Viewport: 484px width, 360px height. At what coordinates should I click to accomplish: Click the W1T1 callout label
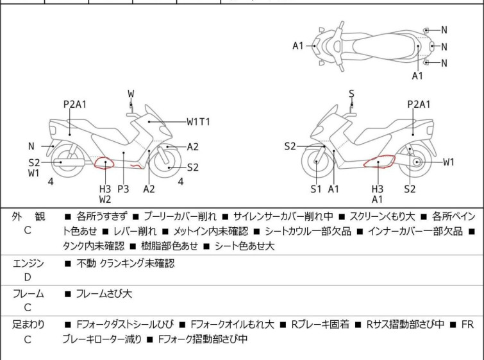pyautogui.click(x=199, y=122)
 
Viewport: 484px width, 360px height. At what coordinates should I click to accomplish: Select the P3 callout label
pyautogui.click(x=123, y=189)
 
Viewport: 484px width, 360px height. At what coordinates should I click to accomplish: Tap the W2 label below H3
pyautogui.click(x=105, y=200)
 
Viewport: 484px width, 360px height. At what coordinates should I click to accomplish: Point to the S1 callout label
pyautogui.click(x=316, y=189)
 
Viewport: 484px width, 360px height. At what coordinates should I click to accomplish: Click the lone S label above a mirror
pyautogui.click(x=351, y=94)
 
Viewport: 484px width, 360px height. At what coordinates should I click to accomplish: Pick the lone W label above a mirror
pyautogui.click(x=131, y=94)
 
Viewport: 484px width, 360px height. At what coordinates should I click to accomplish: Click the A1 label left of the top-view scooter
pyautogui.click(x=298, y=46)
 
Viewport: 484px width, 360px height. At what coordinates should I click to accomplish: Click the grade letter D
pyautogui.click(x=28, y=277)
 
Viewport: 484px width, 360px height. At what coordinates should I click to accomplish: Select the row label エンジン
pyautogui.click(x=28, y=263)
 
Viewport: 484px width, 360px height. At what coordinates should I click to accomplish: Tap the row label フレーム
pyautogui.click(x=28, y=293)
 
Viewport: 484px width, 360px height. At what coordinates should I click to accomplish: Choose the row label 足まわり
pyautogui.click(x=28, y=324)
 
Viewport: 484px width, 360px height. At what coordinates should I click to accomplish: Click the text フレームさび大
pyautogui.click(x=104, y=293)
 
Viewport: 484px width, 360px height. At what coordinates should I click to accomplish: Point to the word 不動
pyautogui.click(x=86, y=263)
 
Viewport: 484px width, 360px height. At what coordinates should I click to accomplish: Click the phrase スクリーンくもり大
pyautogui.click(x=382, y=216)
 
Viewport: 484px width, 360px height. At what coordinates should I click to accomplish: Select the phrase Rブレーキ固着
pyautogui.click(x=321, y=324)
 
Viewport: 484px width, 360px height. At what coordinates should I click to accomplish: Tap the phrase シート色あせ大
pyautogui.click(x=244, y=246)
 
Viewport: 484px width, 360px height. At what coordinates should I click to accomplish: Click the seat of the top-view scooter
pyautogui.click(x=384, y=46)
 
